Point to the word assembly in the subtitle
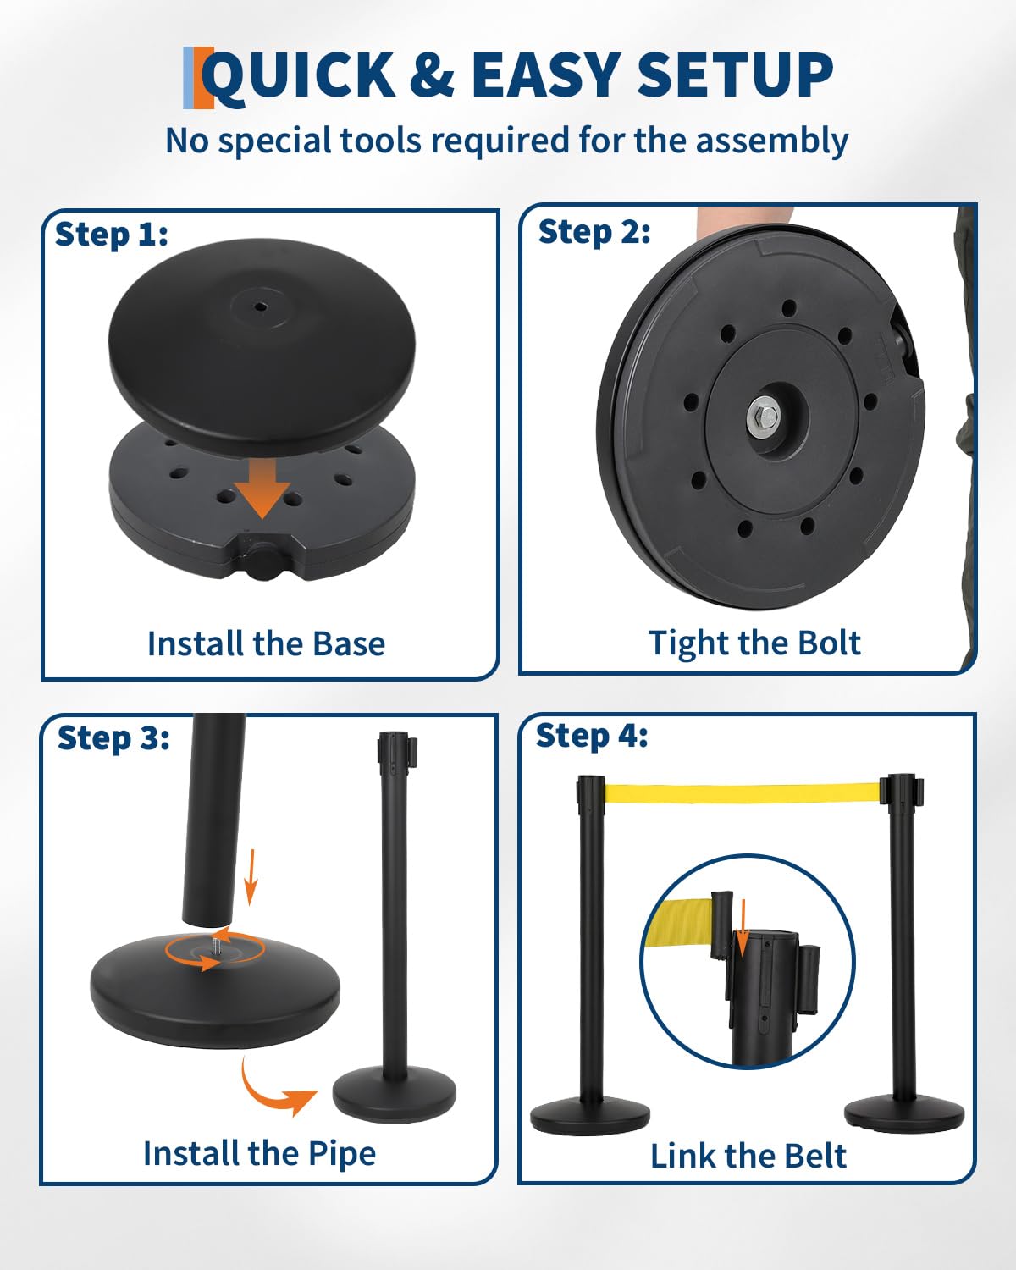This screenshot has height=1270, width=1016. (771, 141)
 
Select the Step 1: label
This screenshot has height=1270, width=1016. (112, 235)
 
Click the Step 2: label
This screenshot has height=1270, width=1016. (594, 232)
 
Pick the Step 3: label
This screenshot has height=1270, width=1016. (113, 738)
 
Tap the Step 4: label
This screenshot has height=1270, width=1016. (592, 736)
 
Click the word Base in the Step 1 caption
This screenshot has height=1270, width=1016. (349, 643)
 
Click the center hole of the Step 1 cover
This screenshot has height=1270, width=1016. (260, 306)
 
